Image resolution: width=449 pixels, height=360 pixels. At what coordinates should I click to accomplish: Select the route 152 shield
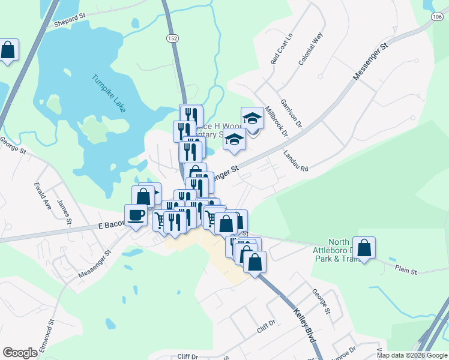[x=173, y=37]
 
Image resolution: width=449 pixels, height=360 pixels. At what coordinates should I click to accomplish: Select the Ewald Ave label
[x=41, y=187]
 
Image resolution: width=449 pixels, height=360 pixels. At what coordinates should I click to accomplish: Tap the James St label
[x=63, y=212]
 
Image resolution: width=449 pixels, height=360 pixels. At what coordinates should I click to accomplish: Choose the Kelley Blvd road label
[x=305, y=326]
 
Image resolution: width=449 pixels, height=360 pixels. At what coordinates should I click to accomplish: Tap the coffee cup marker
[x=136, y=215]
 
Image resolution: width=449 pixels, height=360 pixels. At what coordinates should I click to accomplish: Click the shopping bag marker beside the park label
[x=364, y=247]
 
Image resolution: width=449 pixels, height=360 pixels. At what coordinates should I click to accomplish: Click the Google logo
[x=20, y=353]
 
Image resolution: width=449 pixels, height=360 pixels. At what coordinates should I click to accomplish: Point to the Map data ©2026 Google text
[x=412, y=355]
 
